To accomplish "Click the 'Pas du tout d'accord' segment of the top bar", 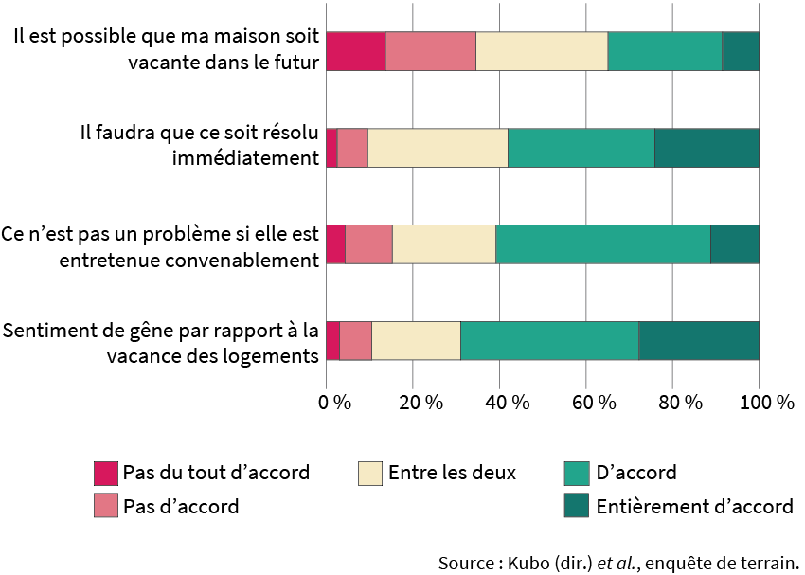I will coord(356,51).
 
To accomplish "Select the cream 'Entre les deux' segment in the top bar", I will coord(542,51).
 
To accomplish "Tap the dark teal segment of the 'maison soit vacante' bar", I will coord(741,51).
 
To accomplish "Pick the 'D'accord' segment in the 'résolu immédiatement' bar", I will coord(581,148).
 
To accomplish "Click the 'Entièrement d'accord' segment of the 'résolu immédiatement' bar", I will coord(707,148).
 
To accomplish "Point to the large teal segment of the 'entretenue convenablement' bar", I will coord(603,244).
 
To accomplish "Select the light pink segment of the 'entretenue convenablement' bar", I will coord(368,244).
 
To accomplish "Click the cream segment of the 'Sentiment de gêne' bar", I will coord(416,341).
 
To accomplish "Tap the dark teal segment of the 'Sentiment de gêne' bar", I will coord(699,341).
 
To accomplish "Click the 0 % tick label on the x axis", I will coord(334,402).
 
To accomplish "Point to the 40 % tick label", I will coord(508,402).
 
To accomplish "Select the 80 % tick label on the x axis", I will coord(681,402).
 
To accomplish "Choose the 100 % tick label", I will coord(767,402).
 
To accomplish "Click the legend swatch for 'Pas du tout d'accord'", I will coord(105,473).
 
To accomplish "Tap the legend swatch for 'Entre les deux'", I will coord(369,473).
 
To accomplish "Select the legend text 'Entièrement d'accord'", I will coord(694,507).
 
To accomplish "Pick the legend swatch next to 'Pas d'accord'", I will coord(105,507).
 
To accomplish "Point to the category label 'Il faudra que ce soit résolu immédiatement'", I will coord(198,145).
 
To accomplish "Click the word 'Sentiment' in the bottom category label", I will coord(45,332).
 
